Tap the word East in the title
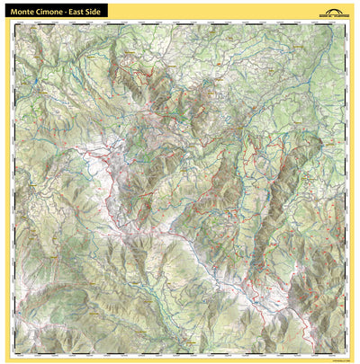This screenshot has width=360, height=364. coord(83,10)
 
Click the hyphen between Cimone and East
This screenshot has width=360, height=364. coord(72,10)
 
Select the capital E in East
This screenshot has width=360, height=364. coord(77,10)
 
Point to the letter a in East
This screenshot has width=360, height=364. coord(82,10)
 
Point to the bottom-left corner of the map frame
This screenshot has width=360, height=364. coord(15,349)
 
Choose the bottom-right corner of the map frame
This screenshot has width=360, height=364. coord(345,349)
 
